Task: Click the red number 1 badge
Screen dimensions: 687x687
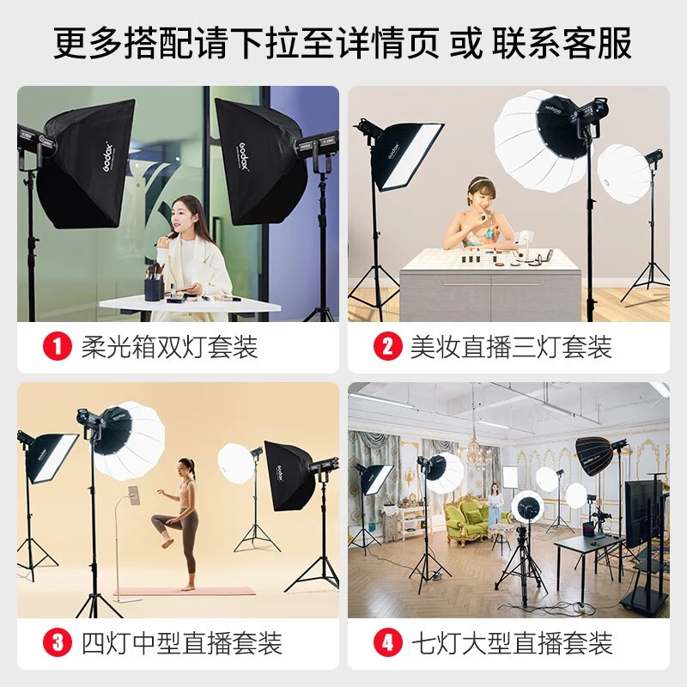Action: click(x=57, y=347)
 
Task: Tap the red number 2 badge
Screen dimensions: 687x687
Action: click(x=388, y=347)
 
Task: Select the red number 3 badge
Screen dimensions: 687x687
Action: click(x=57, y=643)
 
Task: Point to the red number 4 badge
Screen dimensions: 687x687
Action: click(x=388, y=643)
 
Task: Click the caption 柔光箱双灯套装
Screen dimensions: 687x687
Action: click(x=169, y=347)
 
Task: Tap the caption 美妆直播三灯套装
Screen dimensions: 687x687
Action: click(x=511, y=347)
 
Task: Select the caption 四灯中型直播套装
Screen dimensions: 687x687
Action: click(x=182, y=643)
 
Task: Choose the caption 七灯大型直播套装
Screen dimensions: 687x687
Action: click(x=512, y=643)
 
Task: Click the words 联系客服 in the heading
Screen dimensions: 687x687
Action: click(x=562, y=42)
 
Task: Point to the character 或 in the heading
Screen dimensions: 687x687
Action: click(x=466, y=42)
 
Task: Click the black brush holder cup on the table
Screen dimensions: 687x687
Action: click(x=155, y=289)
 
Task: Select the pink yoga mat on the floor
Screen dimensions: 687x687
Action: click(x=185, y=592)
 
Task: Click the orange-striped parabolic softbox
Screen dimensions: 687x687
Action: click(x=595, y=456)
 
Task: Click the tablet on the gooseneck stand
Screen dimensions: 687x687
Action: click(x=135, y=495)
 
